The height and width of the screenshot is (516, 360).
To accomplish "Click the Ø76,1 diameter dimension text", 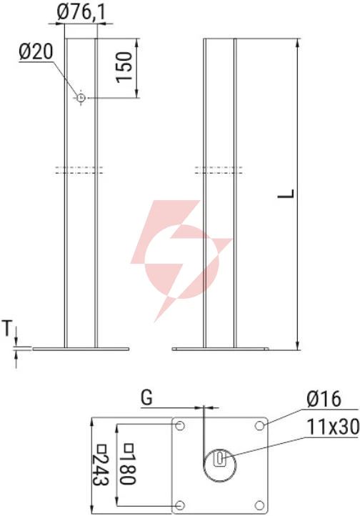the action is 81,13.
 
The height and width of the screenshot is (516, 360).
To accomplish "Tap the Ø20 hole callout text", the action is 36,52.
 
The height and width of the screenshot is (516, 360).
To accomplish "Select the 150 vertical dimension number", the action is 124,67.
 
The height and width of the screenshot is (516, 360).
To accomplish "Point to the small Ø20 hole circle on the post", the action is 81,98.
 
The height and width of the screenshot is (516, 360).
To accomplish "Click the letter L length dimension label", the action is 286,194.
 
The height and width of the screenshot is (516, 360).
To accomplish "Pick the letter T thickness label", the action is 7,328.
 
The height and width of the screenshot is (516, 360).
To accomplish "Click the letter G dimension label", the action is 146,397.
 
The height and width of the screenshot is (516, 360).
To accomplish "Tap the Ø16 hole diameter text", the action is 324,400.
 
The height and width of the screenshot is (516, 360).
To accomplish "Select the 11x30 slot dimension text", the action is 333,427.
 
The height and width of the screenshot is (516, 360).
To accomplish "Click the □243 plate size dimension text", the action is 100,465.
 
